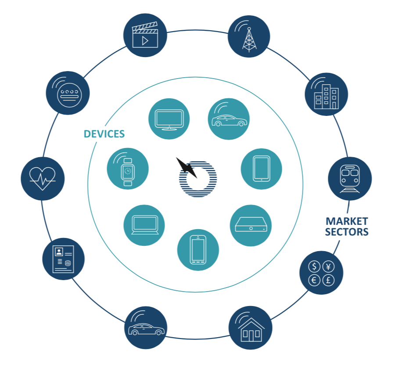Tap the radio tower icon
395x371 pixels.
point(249,36)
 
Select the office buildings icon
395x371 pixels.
point(326,94)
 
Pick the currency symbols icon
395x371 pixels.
point(321,273)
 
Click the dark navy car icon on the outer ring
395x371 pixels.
point(146,328)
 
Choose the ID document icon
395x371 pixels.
point(64,259)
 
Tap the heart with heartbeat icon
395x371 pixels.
point(43,178)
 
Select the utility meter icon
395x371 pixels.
point(68,93)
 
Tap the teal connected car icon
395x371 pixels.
point(229,119)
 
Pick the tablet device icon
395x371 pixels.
point(261,169)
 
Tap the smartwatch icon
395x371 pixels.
point(128,169)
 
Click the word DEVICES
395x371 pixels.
point(104,134)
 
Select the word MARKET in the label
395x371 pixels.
point(347,221)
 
